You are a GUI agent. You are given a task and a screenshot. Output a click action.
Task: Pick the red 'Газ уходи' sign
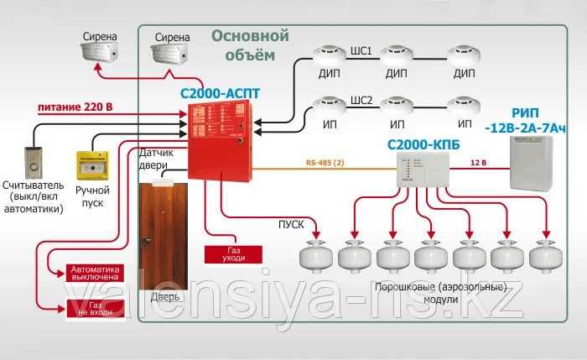[233, 254]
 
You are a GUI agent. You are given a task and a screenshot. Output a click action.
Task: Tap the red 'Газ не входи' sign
[95, 308]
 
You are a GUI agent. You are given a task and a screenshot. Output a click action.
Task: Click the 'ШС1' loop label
[361, 50]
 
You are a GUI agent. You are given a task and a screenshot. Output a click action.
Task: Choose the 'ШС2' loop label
[361, 99]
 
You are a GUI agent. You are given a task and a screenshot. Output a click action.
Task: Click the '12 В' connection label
[478, 160]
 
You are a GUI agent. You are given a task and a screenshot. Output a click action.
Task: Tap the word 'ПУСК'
[291, 225]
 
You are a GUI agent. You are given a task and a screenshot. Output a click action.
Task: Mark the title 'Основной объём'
[250, 45]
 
